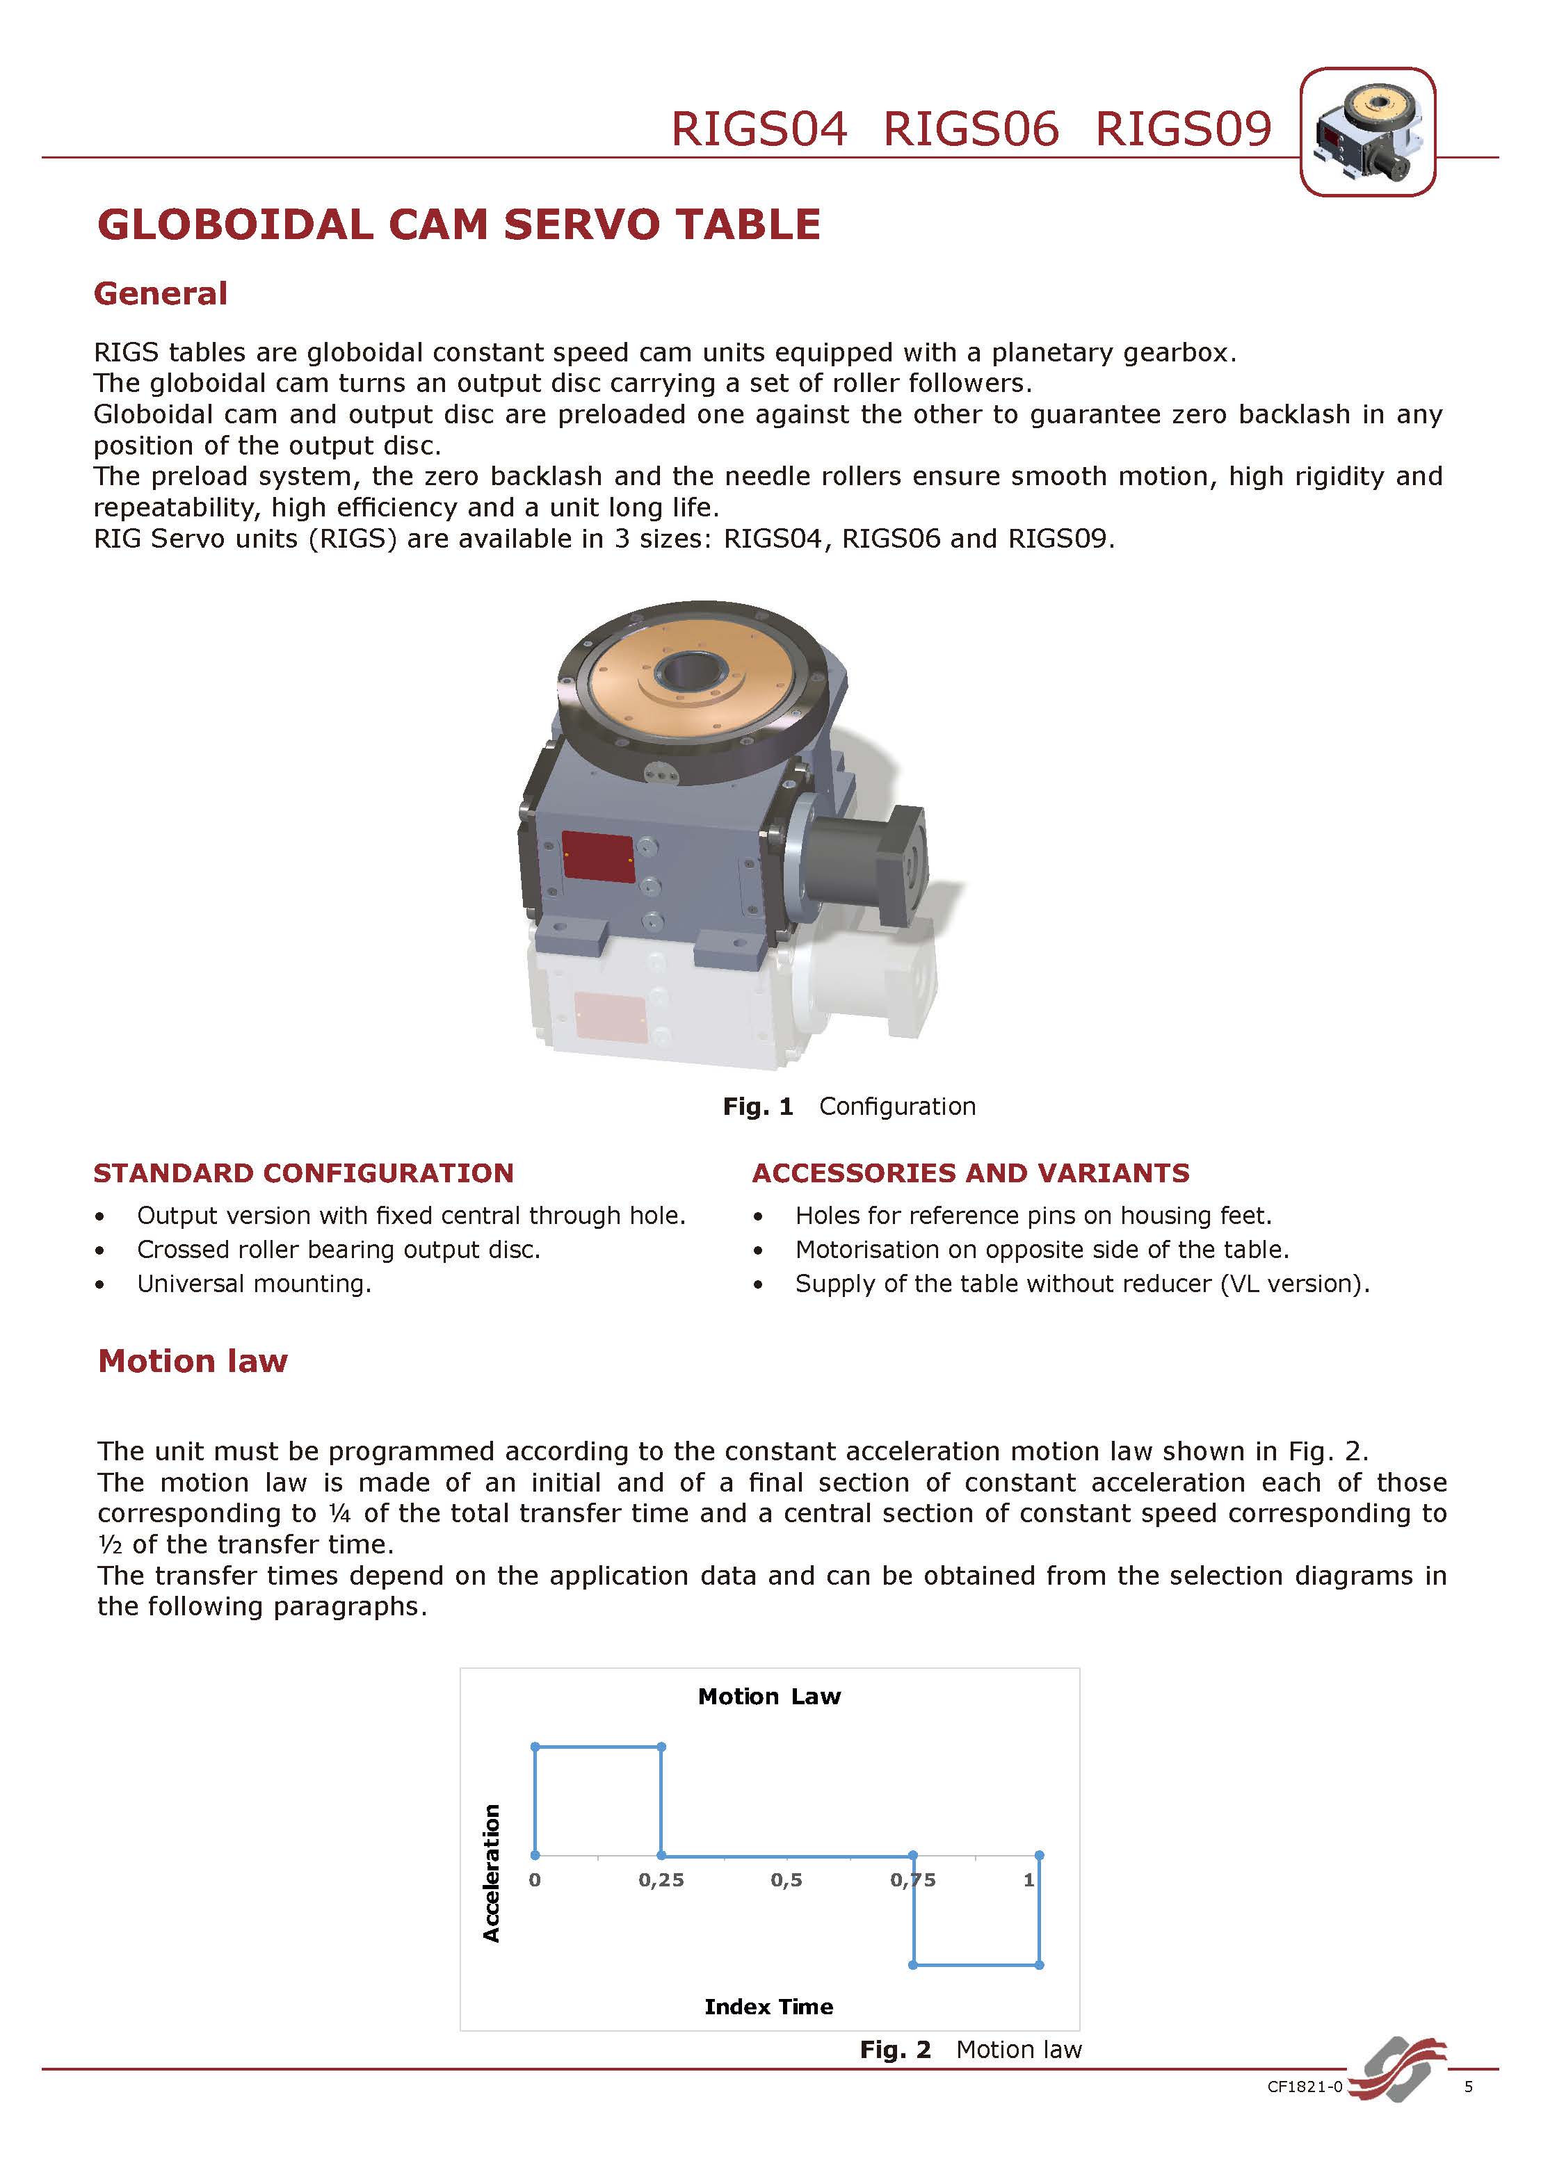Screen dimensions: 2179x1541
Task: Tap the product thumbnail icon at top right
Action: pos(1366,132)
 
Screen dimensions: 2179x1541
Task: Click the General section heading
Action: pos(161,293)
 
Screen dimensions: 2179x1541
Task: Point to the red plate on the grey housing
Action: pos(598,856)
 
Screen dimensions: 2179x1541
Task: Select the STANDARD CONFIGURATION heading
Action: pos(303,1173)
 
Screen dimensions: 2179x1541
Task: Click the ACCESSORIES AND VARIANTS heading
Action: pos(970,1173)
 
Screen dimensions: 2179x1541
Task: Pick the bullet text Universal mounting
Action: pos(254,1284)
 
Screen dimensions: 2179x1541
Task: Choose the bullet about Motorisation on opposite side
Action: pos(1042,1250)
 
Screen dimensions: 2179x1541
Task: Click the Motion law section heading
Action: pos(193,1361)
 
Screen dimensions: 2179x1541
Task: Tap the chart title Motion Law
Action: pos(769,1696)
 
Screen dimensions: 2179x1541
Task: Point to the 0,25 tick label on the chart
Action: pos(661,1880)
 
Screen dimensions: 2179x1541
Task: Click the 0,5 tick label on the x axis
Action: pos(786,1880)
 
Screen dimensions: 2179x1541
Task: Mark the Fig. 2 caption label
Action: pos(894,2050)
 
